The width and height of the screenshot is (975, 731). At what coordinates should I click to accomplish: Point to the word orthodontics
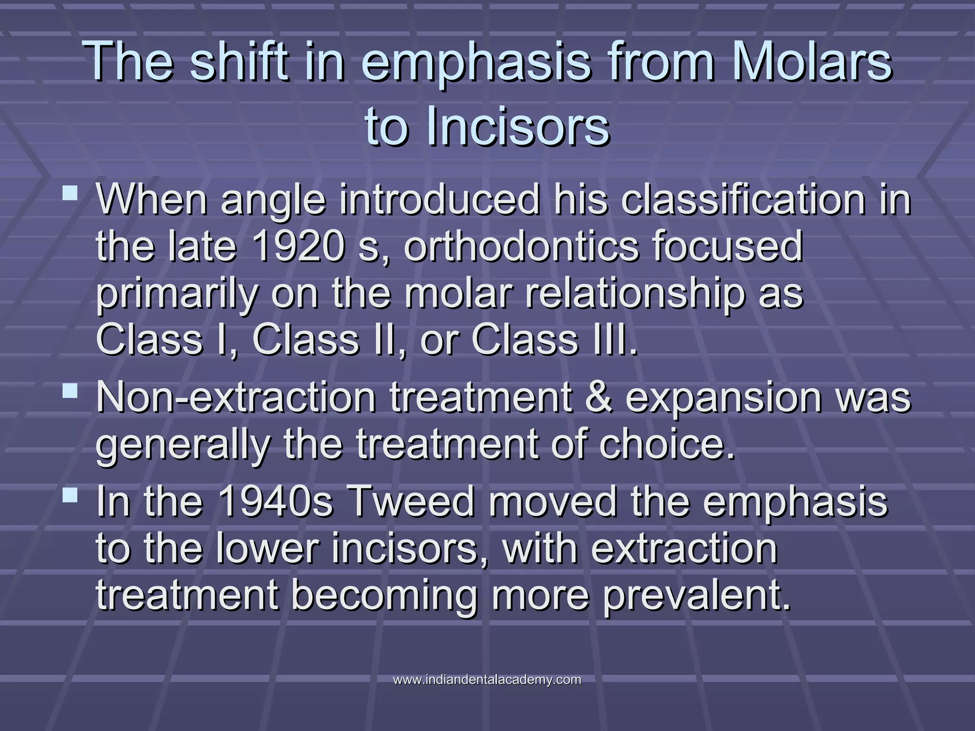click(x=521, y=247)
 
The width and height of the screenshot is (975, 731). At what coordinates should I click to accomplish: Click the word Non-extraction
click(x=236, y=397)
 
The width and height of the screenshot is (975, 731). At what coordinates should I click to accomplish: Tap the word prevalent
click(x=696, y=596)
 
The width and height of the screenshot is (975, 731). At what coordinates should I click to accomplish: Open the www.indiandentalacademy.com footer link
click(x=487, y=680)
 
